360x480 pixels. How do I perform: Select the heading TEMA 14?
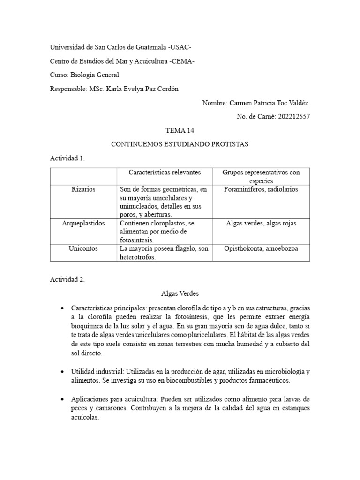pyautogui.click(x=180, y=130)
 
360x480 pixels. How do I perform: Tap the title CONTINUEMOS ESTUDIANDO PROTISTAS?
pyautogui.click(x=180, y=144)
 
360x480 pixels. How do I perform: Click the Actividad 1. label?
pyautogui.click(x=67, y=158)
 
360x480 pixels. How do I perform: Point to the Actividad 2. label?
pyautogui.click(x=67, y=279)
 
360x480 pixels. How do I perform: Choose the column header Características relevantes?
pyautogui.click(x=165, y=172)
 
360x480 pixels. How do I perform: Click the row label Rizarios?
pyautogui.click(x=83, y=189)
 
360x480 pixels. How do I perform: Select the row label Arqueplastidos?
pyautogui.click(x=83, y=223)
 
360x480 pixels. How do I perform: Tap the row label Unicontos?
pyautogui.click(x=83, y=248)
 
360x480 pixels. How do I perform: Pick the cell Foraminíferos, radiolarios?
pyautogui.click(x=261, y=189)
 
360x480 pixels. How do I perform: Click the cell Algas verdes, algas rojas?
pyautogui.click(x=261, y=223)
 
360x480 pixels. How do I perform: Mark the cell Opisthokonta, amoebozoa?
pyautogui.click(x=261, y=248)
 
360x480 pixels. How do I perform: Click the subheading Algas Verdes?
pyautogui.click(x=180, y=293)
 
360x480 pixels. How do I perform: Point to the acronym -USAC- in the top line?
pyautogui.click(x=180, y=47)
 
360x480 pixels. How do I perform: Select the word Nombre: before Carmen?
pyautogui.click(x=215, y=103)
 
